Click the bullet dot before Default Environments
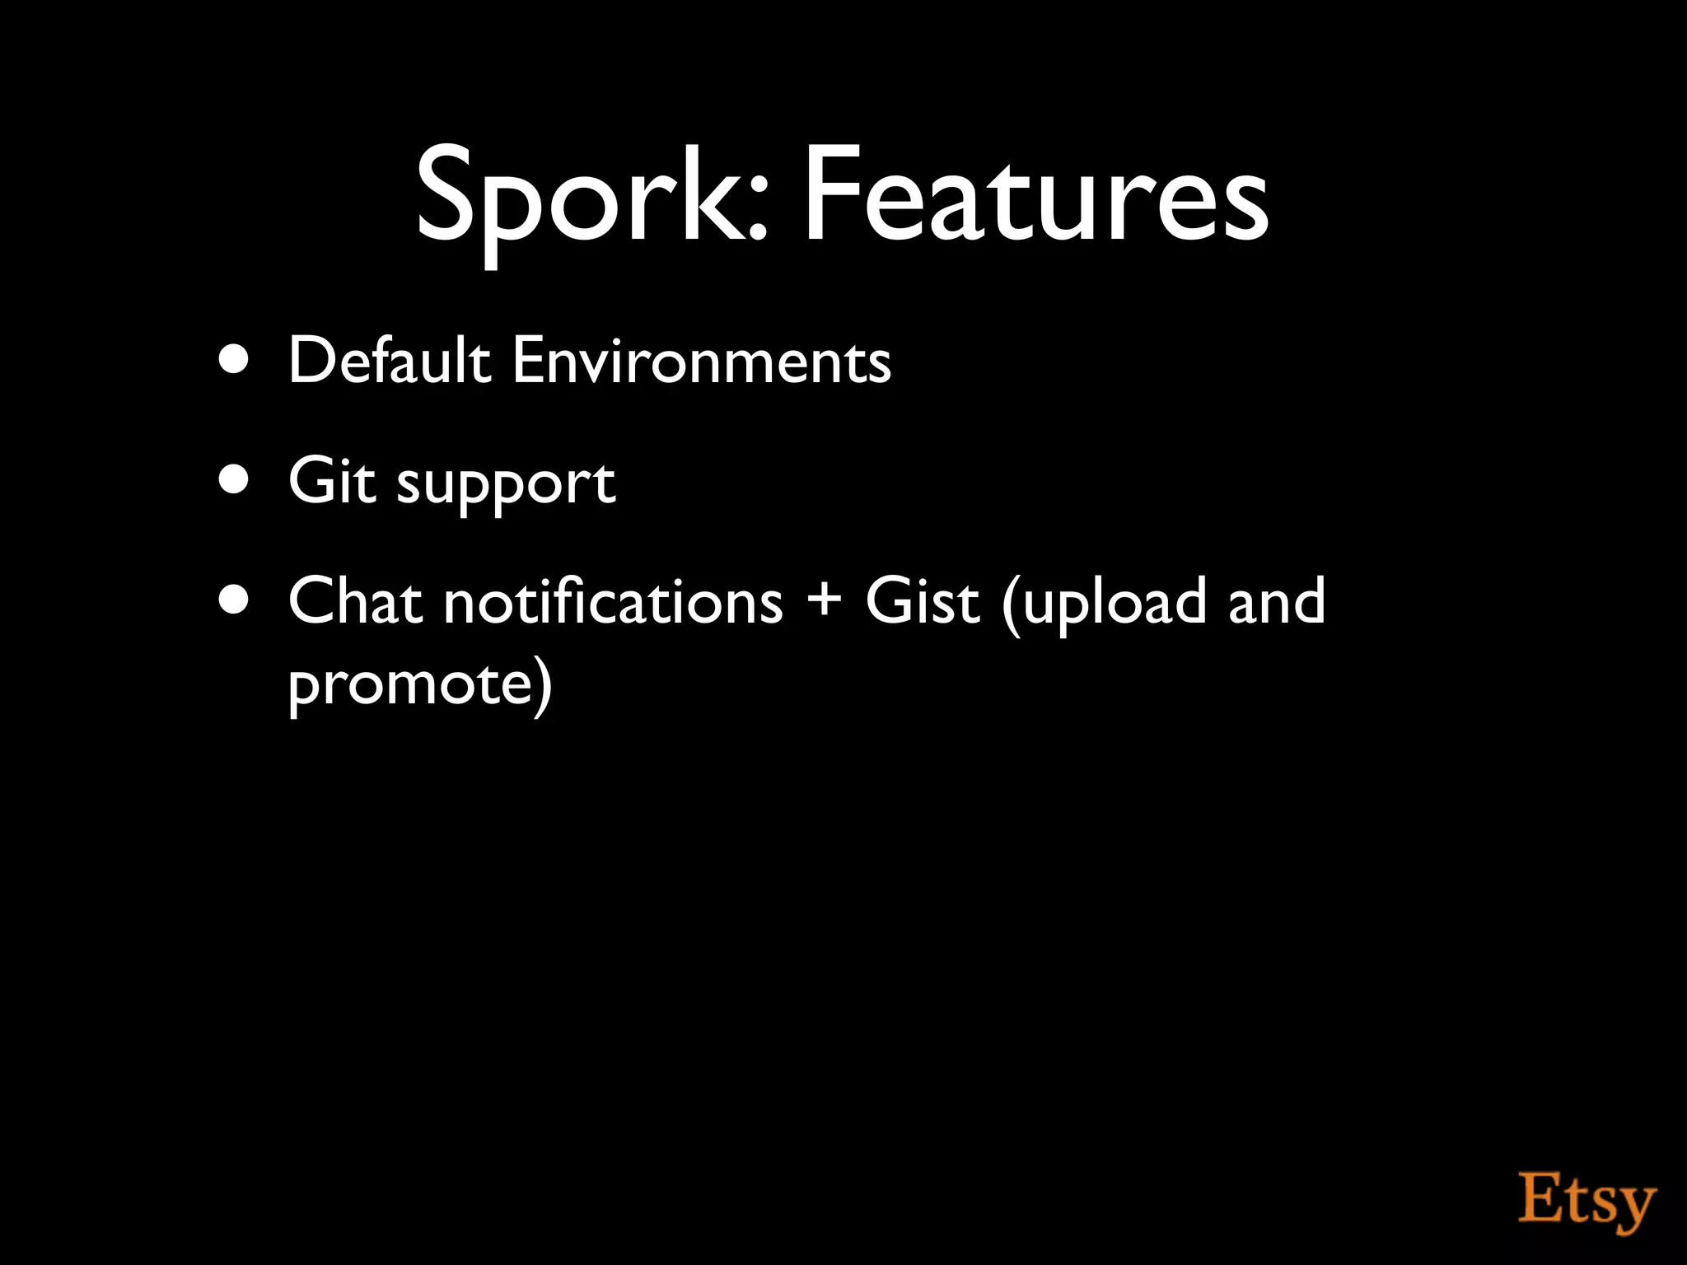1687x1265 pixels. tap(235, 360)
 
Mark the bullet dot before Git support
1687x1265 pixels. tap(235, 480)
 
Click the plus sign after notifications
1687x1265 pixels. tap(824, 600)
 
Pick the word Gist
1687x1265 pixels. tap(923, 601)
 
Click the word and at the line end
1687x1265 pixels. tap(1276, 601)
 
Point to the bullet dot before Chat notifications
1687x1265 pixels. tap(235, 600)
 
